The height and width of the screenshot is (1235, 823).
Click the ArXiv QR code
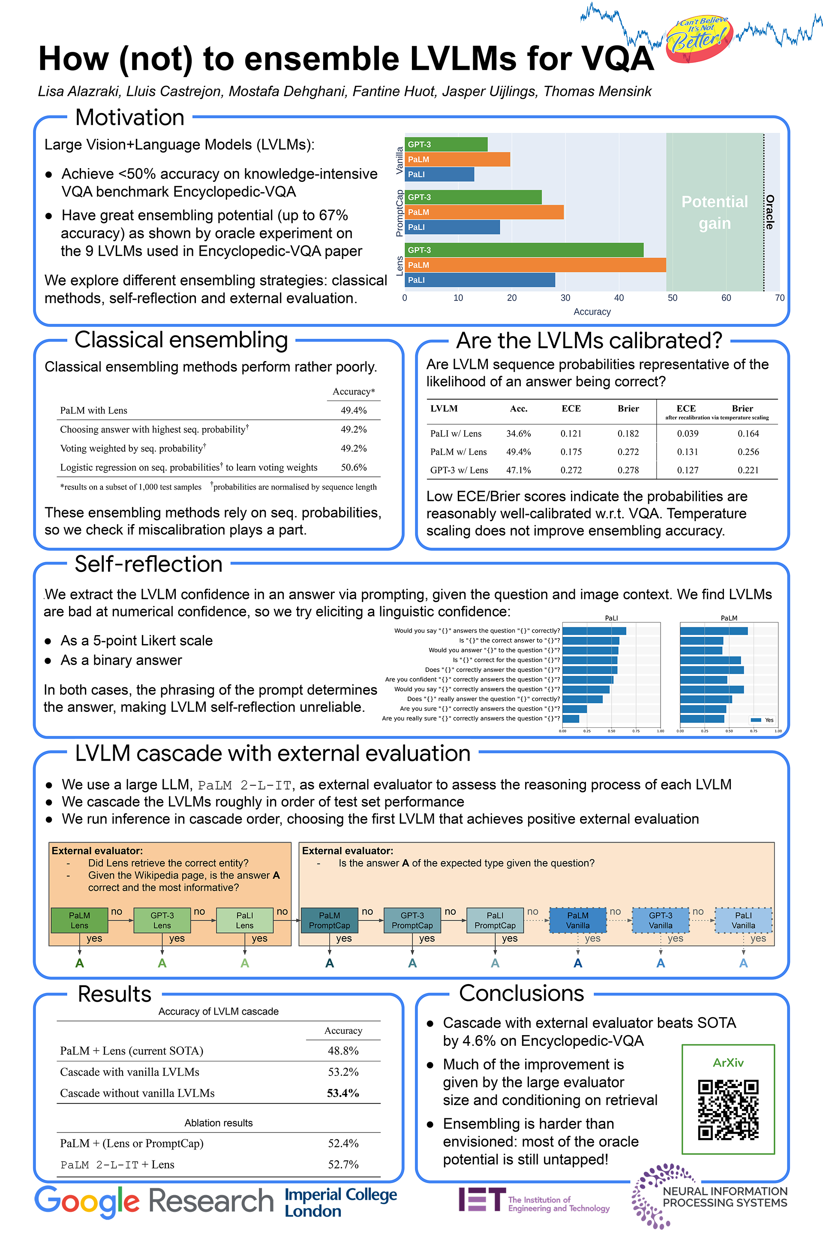(728, 1109)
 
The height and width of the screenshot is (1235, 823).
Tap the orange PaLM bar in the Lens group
(535, 265)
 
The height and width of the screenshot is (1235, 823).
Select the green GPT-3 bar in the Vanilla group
(446, 145)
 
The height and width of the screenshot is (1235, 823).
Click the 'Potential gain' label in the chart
(715, 212)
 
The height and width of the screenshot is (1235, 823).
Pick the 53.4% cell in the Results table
(343, 1093)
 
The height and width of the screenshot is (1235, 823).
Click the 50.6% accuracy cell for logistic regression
(353, 467)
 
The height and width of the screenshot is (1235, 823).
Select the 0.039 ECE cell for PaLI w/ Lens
(687, 434)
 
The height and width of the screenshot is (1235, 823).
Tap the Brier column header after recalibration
(742, 409)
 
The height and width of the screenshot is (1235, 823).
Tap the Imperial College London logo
(341, 1202)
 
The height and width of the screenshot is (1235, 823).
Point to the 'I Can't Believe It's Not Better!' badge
(700, 38)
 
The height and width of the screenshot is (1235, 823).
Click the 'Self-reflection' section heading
(149, 564)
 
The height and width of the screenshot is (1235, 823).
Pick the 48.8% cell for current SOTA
(343, 1051)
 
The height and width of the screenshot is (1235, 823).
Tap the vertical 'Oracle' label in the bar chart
(769, 212)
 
